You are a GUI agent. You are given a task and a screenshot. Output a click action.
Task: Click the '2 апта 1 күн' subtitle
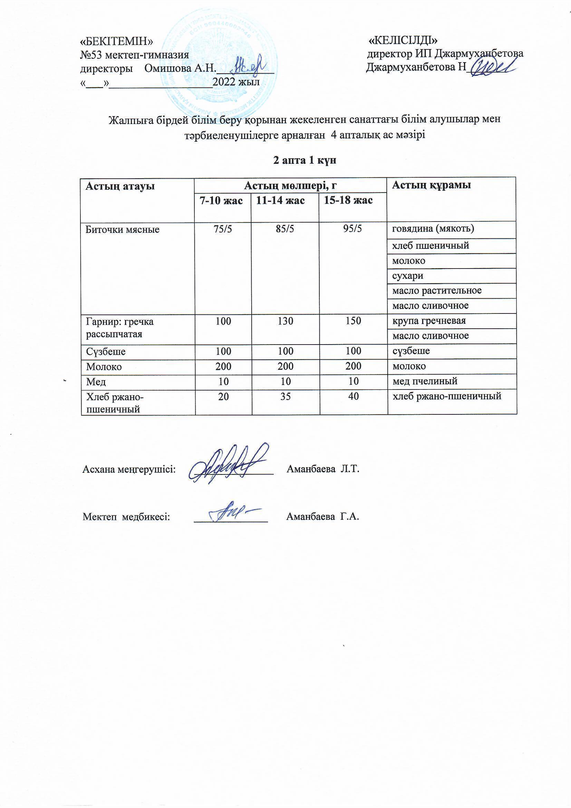click(x=305, y=160)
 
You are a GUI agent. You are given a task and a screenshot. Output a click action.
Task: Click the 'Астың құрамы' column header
click(x=432, y=185)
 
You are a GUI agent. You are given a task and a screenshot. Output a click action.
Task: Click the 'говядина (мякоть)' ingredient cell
click(x=433, y=229)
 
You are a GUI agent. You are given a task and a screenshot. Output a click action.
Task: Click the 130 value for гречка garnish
click(x=285, y=321)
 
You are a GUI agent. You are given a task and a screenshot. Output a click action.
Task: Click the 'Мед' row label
click(x=96, y=382)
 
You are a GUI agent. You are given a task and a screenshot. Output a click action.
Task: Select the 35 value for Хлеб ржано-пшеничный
click(x=285, y=397)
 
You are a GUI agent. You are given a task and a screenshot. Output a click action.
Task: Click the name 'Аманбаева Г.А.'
click(x=322, y=517)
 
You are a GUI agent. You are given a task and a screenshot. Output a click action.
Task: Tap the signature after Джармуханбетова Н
click(x=491, y=66)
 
